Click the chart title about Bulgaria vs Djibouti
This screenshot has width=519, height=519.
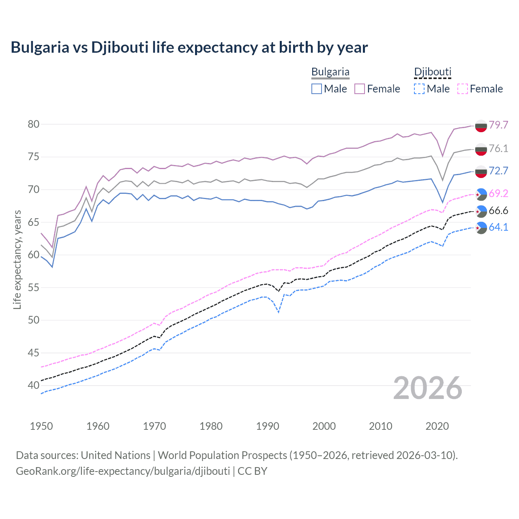tap(189, 47)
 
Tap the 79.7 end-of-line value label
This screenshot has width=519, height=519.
tap(498, 125)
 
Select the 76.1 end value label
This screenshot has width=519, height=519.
tap(498, 149)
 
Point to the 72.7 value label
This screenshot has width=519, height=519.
tap(498, 171)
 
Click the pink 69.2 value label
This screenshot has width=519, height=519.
tap(498, 193)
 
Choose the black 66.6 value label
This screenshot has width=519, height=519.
tap(498, 210)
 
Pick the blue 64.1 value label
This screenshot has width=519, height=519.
tap(498, 227)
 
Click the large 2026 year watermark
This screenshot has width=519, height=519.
tap(427, 388)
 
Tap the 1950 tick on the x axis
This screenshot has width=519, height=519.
tap(41, 426)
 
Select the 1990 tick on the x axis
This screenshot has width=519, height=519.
tap(268, 426)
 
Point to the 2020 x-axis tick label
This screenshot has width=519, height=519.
tap(437, 426)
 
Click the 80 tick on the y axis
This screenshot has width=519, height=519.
tap(34, 124)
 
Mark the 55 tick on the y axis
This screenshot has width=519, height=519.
tap(34, 287)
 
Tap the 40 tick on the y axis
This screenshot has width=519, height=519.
tap(34, 386)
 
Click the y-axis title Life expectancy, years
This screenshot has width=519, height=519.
tap(17, 259)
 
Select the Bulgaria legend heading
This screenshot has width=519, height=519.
tap(330, 72)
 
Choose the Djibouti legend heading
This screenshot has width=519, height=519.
tap(432, 72)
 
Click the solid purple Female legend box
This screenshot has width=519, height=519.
tap(360, 89)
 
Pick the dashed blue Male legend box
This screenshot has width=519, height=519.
tap(419, 89)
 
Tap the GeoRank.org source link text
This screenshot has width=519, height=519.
tap(123, 471)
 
